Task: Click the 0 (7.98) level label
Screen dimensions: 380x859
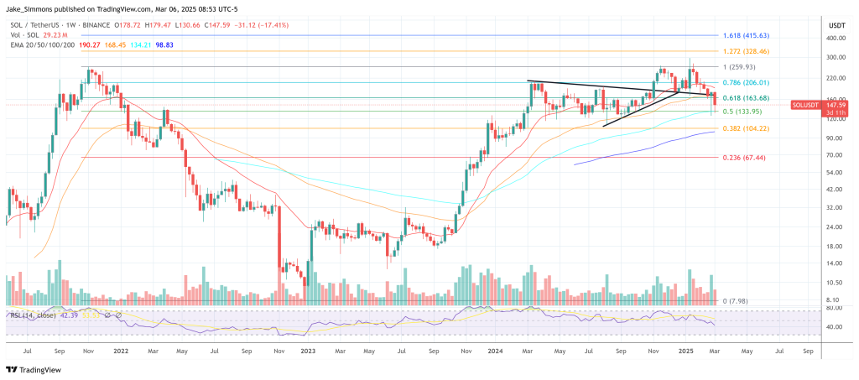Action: tap(737, 300)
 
